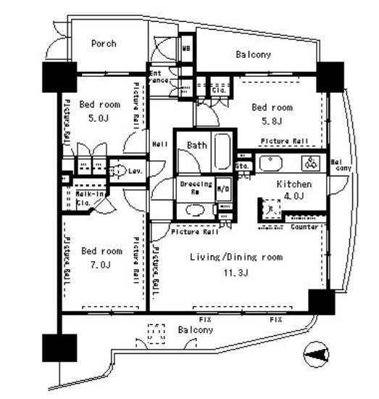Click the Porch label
(104, 44)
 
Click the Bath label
(196, 145)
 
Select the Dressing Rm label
(196, 188)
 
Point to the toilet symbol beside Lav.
(119, 170)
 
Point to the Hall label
(160, 144)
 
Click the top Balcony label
(253, 54)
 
